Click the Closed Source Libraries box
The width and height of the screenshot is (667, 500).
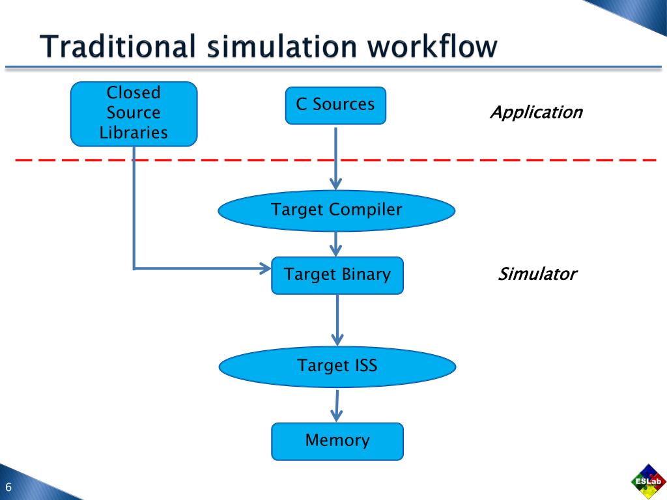coord(134,114)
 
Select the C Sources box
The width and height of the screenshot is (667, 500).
coord(335,105)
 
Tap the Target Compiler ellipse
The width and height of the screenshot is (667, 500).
coord(337,210)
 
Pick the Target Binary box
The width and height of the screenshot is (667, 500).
coord(337,275)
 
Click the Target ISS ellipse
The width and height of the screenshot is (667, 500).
coord(337,367)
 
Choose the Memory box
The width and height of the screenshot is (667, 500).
coord(337,441)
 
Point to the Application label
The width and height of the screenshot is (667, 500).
coord(537,113)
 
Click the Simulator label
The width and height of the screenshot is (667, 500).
coord(537,274)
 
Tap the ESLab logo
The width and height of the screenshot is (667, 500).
coord(648,482)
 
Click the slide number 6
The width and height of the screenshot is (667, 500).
coord(8,487)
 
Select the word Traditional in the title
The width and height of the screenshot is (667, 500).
coord(118,46)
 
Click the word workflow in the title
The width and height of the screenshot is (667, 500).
coord(433,46)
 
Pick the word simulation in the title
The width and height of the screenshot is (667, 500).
coord(281,46)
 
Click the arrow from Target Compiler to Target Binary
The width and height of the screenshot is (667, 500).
coord(336,244)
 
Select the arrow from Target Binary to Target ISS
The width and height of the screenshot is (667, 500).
coord(337,320)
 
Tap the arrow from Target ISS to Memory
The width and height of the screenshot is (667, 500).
coord(337,406)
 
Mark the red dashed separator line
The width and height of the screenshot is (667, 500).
coord(335,160)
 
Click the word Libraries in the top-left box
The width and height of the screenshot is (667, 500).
coord(134,133)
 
